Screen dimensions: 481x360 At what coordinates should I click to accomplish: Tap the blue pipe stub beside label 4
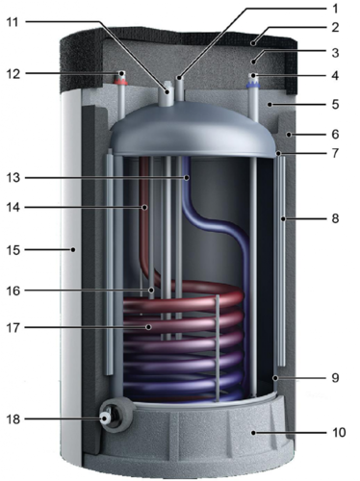(x=252, y=81)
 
